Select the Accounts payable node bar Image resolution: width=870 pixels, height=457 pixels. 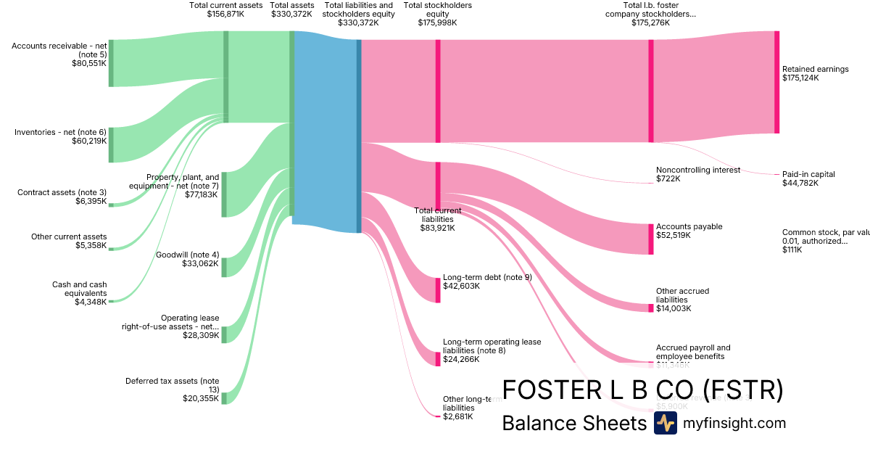tap(651, 239)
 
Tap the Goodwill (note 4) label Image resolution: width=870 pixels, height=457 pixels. tap(187, 255)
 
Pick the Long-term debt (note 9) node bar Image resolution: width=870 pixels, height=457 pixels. tap(438, 290)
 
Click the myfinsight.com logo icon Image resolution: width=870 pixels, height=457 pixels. tap(665, 423)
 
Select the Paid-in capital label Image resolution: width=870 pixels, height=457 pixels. tap(808, 174)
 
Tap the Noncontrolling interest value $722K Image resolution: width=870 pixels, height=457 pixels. tap(668, 178)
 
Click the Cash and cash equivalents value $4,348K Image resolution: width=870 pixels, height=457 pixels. tap(91, 302)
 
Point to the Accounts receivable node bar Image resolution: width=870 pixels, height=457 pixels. tap(111, 63)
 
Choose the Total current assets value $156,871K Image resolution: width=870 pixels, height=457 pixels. tap(226, 14)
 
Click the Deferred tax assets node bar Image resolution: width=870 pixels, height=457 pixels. tap(224, 398)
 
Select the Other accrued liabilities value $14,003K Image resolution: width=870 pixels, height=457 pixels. tap(674, 308)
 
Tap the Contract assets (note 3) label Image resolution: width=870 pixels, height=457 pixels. tap(62, 192)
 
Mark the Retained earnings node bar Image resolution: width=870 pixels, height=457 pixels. tap(776, 82)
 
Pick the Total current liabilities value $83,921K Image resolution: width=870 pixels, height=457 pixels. tap(438, 228)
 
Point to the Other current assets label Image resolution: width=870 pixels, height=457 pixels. tap(69, 236)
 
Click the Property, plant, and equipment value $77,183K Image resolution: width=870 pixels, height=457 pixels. tap(202, 195)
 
